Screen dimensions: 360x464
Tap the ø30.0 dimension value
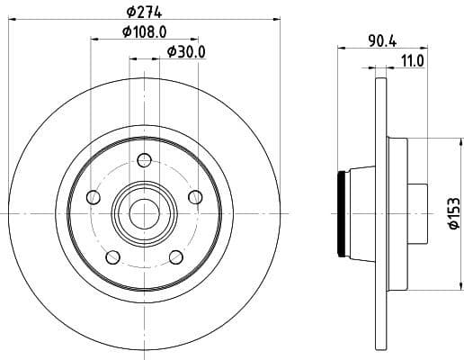tap(187, 52)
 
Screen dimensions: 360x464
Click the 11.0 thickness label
tap(413, 60)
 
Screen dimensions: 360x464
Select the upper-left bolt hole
tap(91, 198)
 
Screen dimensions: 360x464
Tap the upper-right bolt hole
tap(194, 198)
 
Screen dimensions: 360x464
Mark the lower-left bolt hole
tap(111, 258)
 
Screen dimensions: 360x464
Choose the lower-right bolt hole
tap(174, 258)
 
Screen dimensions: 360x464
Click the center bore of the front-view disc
tap(143, 213)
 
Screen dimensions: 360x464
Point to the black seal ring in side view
tap(341, 212)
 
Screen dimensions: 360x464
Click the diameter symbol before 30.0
tap(172, 52)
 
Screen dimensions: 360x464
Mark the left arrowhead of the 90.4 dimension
tap(342, 49)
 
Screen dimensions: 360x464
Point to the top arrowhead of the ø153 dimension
tap(442, 140)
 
